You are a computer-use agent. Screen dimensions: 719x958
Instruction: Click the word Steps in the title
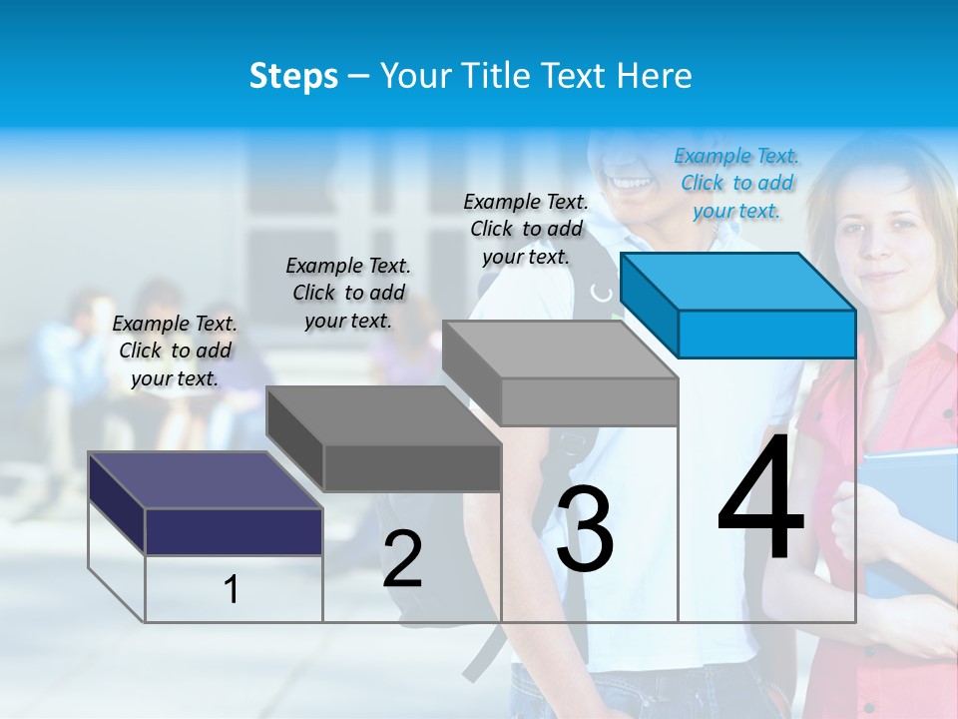click(293, 76)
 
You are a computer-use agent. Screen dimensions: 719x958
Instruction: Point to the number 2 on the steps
click(402, 559)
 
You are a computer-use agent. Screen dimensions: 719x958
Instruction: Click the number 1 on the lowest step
click(232, 589)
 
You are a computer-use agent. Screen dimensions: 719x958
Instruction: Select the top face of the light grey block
click(559, 350)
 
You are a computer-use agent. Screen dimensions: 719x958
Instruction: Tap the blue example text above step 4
click(736, 184)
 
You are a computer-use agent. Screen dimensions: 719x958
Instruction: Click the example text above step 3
click(526, 229)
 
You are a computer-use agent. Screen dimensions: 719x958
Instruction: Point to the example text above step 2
click(348, 293)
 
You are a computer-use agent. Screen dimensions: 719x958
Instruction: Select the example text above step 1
click(175, 351)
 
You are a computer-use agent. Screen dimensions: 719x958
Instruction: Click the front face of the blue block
click(766, 334)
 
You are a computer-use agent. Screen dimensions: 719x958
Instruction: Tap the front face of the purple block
click(234, 531)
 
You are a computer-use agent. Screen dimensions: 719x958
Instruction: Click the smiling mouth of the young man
click(630, 184)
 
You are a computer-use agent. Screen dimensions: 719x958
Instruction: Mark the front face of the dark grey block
click(412, 467)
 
